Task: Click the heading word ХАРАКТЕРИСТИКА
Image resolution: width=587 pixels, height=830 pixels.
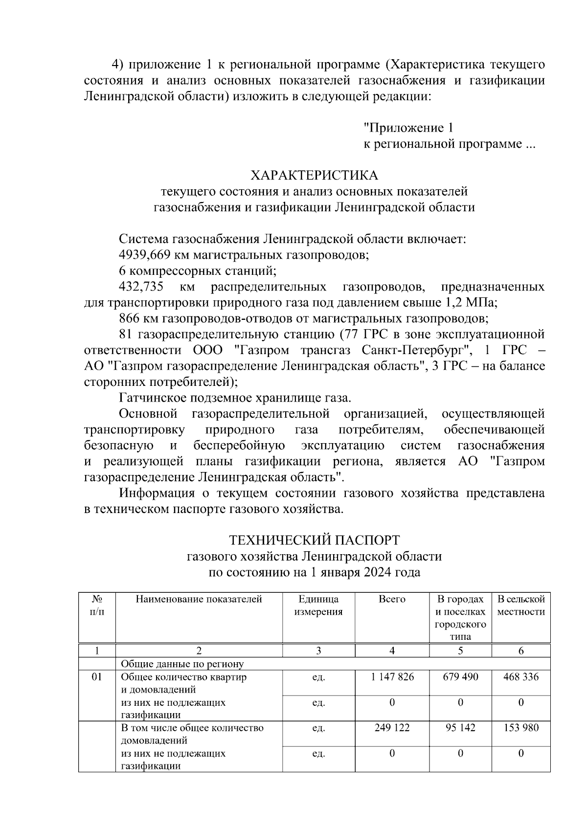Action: click(314, 176)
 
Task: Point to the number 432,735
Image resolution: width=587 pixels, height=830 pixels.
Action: click(141, 287)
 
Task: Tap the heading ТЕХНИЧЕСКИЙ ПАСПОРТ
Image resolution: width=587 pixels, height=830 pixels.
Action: click(314, 540)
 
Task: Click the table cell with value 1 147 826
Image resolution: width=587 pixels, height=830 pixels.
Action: click(392, 677)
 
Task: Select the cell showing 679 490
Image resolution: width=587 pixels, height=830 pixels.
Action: click(460, 677)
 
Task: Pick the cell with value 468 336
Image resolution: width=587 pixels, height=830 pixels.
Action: click(521, 677)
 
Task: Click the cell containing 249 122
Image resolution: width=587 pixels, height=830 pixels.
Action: click(392, 728)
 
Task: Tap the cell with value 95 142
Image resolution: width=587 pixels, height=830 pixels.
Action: click(460, 728)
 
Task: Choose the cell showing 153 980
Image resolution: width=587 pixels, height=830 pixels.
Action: click(521, 728)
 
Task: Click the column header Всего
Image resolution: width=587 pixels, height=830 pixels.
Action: click(392, 599)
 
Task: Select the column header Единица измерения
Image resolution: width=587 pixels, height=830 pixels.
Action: click(318, 606)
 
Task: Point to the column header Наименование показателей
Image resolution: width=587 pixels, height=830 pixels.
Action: click(199, 599)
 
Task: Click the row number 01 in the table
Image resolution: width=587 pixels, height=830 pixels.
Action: click(97, 677)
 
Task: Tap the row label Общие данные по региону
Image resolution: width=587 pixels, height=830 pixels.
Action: click(182, 664)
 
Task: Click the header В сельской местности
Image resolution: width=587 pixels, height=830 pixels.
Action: click(521, 606)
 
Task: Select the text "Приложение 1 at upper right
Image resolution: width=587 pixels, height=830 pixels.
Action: click(408, 128)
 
